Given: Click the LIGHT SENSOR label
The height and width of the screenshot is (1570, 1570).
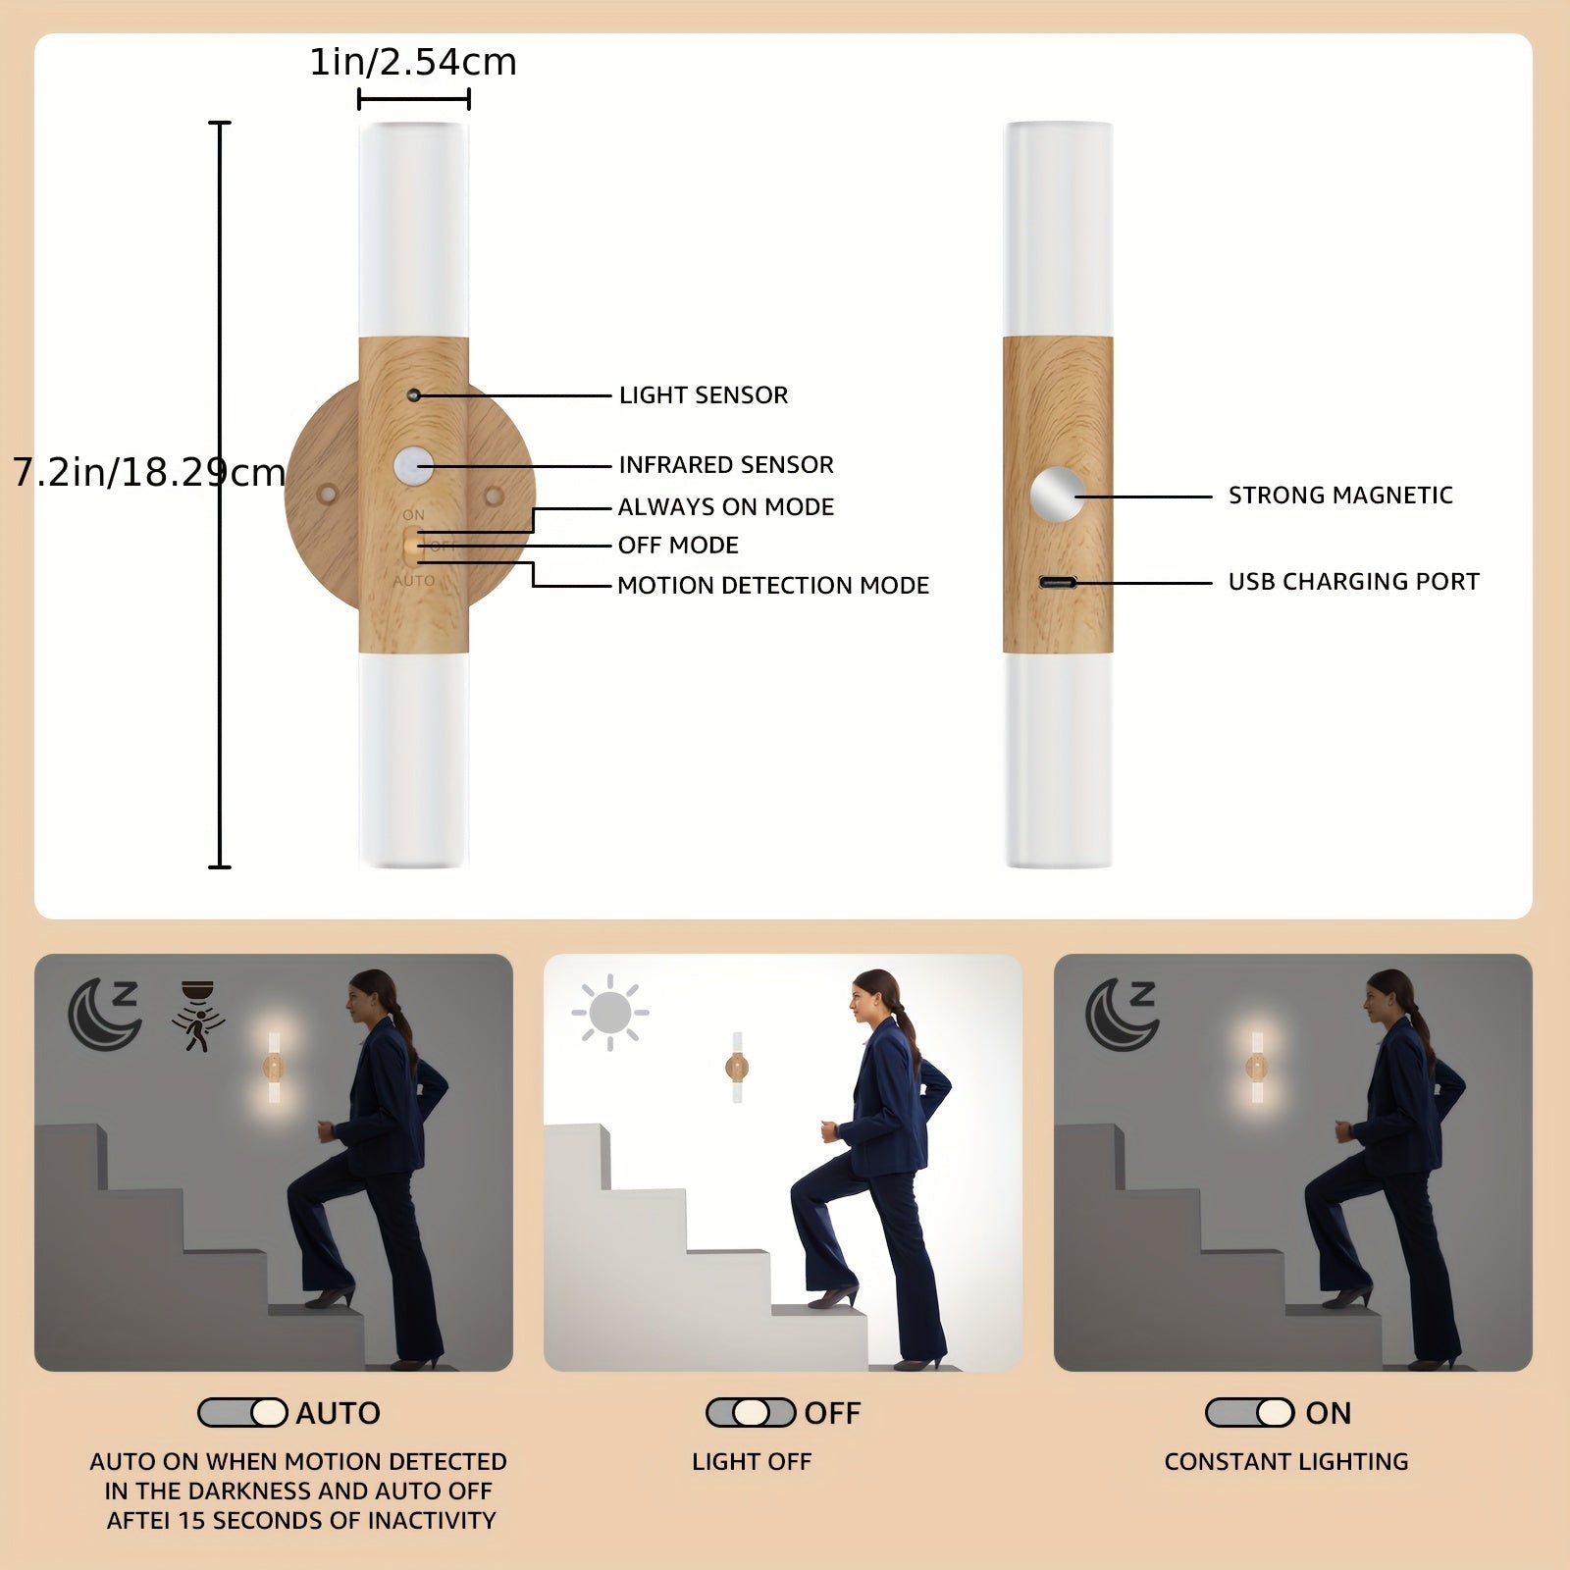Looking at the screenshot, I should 703,395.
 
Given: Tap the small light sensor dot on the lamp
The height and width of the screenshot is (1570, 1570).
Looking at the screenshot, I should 414,395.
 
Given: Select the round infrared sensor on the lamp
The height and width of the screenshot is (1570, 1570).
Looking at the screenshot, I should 414,466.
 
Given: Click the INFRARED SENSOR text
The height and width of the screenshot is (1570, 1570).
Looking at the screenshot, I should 725,465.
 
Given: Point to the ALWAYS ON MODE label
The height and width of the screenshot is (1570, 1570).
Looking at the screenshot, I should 725,507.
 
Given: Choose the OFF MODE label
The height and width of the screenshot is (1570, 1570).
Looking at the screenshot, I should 678,546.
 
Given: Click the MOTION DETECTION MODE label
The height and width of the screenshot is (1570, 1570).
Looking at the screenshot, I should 772,586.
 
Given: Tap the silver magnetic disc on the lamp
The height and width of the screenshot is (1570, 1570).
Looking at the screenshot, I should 1058,494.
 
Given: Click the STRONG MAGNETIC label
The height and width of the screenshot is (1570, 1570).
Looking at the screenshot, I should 1339,496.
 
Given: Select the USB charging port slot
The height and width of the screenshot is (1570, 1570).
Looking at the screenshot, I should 1058,583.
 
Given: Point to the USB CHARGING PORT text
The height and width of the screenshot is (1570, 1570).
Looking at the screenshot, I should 1353,582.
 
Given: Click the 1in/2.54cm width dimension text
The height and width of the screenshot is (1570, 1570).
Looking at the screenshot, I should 413,63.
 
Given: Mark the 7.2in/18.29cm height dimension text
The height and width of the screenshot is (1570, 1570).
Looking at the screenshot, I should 149,473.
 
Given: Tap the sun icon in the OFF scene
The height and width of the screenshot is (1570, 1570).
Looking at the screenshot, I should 609,1012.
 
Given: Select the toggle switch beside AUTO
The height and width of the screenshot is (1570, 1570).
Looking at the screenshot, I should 242,1413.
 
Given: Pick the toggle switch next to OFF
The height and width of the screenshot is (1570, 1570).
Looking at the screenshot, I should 751,1413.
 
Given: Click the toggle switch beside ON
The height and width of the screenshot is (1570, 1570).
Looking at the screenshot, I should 1249,1413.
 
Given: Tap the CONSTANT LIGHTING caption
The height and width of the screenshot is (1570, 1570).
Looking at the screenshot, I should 1285,1462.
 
